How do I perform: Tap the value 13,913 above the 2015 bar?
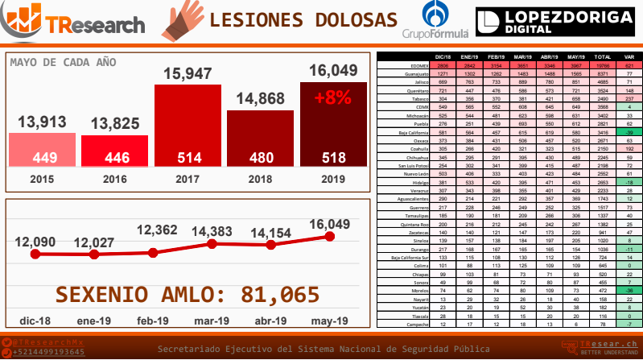(43, 122)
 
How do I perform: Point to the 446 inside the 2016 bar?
(114, 157)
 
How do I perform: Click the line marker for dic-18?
(35, 254)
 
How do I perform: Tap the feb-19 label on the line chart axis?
(154, 321)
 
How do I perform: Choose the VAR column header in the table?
(629, 57)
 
